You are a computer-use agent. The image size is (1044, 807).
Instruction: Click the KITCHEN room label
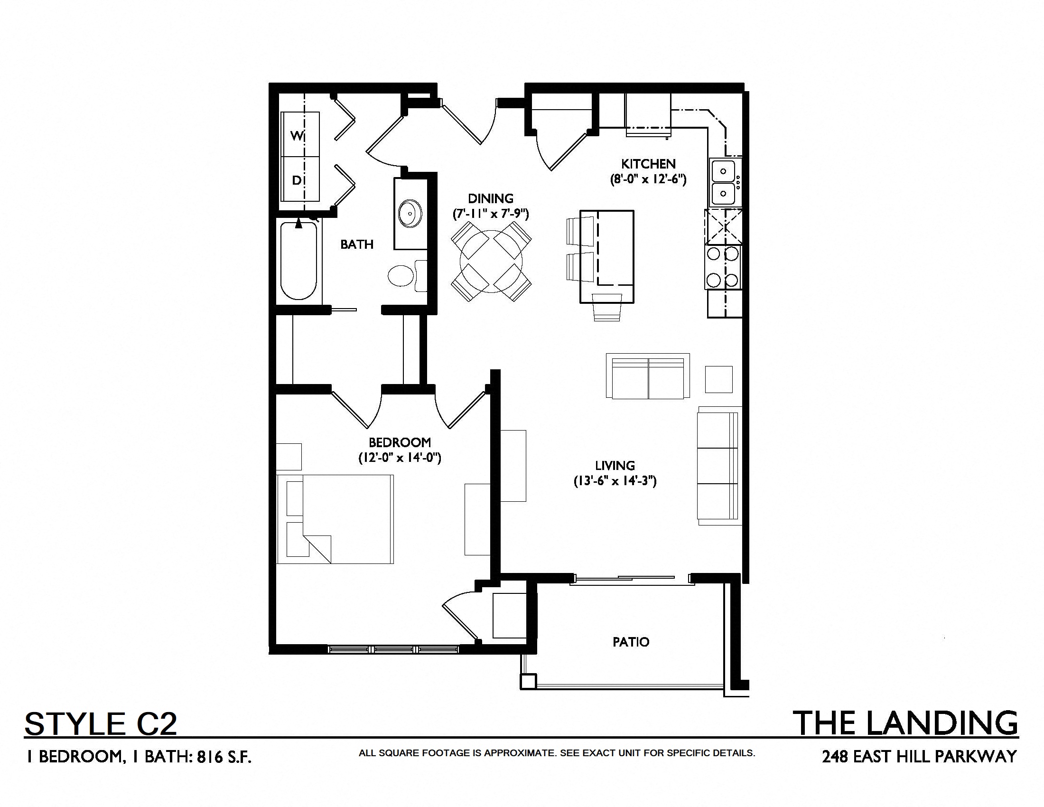[x=648, y=164]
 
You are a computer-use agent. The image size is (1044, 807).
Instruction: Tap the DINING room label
[x=491, y=198]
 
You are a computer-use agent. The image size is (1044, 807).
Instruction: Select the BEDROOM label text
[x=400, y=442]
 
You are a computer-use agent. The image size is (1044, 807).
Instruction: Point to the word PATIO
[x=631, y=642]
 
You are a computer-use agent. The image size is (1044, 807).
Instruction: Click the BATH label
[x=356, y=244]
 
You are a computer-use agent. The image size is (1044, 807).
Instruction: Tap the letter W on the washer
[x=297, y=136]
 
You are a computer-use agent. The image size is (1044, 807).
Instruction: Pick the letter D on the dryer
[x=297, y=180]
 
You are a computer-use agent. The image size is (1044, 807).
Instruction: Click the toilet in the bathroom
[x=407, y=276]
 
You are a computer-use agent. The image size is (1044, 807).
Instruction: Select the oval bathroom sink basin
[x=410, y=214]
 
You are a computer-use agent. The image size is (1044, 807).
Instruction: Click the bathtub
[x=299, y=261]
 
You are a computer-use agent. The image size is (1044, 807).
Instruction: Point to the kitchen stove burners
[x=723, y=267]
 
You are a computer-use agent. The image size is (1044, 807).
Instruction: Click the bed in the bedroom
[x=335, y=519]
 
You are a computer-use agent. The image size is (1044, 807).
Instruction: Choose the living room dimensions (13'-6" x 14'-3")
[x=615, y=481]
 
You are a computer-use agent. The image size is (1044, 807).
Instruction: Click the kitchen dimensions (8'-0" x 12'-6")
[x=648, y=180]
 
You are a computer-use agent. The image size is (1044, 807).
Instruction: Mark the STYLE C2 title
[x=101, y=723]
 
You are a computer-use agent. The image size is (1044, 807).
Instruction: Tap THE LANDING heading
[x=906, y=723]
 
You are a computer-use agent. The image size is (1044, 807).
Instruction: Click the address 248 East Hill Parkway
[x=919, y=756]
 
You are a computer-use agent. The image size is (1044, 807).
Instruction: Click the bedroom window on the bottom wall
[x=393, y=650]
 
